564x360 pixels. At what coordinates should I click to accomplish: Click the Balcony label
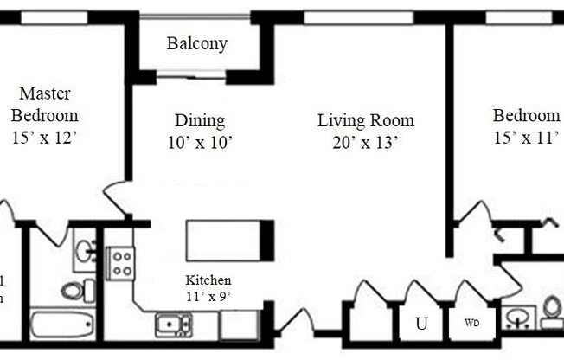tap(196, 43)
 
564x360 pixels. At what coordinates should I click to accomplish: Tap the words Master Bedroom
tap(44, 104)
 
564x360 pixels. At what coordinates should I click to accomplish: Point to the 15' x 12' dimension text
tap(44, 137)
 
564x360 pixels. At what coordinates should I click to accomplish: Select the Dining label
tap(200, 120)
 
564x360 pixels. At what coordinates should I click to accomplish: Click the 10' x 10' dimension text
tap(200, 143)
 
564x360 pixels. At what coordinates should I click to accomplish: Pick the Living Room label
tap(365, 120)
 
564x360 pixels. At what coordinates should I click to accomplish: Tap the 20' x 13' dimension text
tap(365, 143)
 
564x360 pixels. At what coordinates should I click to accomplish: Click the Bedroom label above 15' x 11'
tap(526, 115)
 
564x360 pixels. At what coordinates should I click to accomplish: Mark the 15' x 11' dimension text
tap(526, 138)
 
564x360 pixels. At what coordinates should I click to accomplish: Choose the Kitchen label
tap(208, 280)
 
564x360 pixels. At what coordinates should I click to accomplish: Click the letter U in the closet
tap(421, 325)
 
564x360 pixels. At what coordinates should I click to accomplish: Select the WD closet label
tap(472, 324)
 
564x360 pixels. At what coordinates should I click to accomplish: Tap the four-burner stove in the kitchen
tap(120, 262)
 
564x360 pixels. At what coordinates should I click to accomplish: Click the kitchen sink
tap(174, 325)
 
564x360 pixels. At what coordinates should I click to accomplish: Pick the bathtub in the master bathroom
tap(61, 325)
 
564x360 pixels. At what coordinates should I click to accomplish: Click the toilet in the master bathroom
tap(73, 289)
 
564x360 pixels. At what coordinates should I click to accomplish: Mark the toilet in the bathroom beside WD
tap(552, 311)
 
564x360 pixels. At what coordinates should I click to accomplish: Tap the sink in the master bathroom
tap(85, 251)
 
